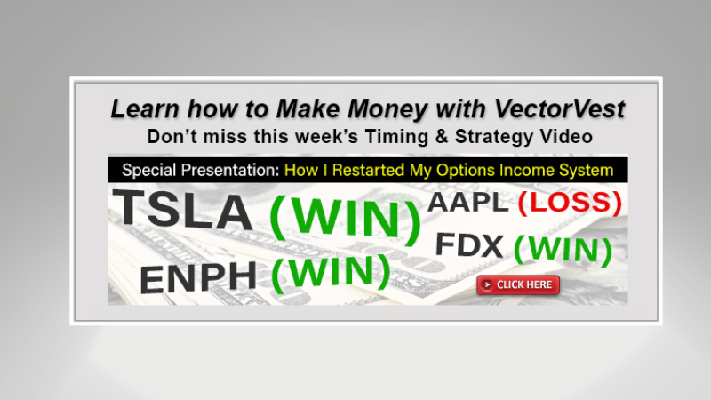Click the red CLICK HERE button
point(518,284)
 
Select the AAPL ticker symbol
point(468,203)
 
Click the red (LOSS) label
point(570,203)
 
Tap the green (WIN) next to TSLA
point(345,218)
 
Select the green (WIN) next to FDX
point(563,250)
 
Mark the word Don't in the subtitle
point(168,137)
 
